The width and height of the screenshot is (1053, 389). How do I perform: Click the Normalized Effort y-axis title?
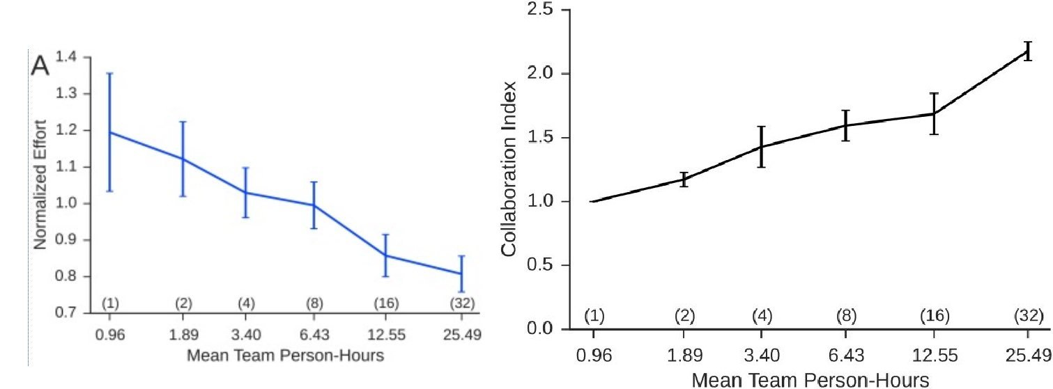click(40, 185)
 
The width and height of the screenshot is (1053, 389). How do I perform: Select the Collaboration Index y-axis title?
click(510, 169)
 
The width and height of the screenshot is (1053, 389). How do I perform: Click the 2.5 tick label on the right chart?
click(545, 10)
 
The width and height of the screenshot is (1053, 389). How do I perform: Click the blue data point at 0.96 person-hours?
click(110, 132)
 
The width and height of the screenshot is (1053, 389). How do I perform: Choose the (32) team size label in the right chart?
click(1027, 316)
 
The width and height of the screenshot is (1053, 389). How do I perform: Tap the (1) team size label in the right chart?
click(594, 316)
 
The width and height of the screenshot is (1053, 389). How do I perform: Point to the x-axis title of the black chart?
click(810, 380)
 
